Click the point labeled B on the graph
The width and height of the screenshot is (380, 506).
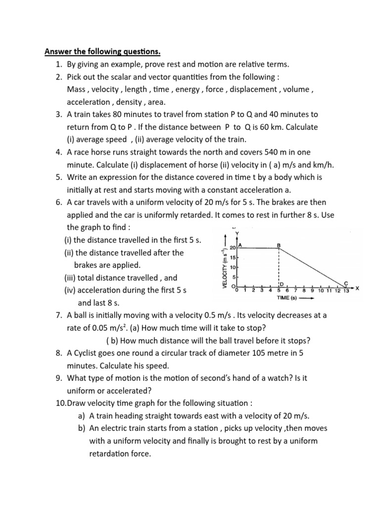click(279, 245)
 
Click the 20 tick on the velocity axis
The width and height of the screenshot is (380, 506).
click(233, 249)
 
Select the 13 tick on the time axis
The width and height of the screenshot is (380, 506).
click(346, 291)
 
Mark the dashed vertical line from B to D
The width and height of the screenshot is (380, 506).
click(280, 267)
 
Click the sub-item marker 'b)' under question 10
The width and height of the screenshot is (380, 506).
click(82, 428)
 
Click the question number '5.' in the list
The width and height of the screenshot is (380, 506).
click(59, 177)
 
